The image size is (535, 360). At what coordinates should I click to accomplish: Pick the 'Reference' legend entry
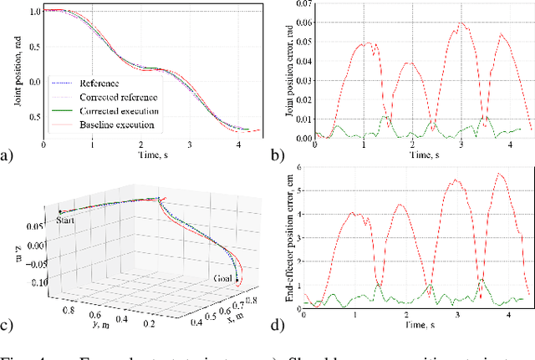(99, 84)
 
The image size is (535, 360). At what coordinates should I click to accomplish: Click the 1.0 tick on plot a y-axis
(32, 11)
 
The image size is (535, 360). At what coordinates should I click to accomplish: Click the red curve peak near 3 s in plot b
(461, 23)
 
